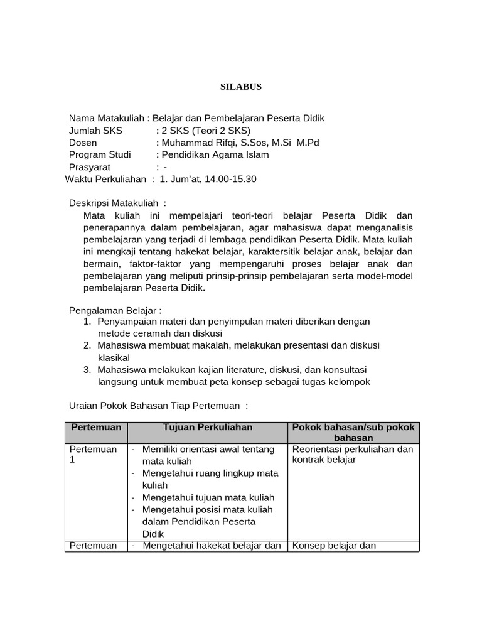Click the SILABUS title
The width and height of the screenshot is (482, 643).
(x=240, y=87)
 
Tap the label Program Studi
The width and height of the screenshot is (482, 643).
(x=100, y=154)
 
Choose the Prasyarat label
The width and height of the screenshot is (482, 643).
(x=90, y=167)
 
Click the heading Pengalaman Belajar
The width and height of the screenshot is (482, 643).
(x=114, y=310)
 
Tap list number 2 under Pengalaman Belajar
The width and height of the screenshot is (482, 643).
(x=87, y=345)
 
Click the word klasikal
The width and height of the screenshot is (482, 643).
(x=114, y=357)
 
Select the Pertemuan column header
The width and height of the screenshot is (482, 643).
(x=96, y=427)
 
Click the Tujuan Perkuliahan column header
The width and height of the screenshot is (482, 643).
(x=207, y=427)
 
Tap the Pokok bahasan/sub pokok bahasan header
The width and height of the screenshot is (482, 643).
(x=353, y=432)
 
